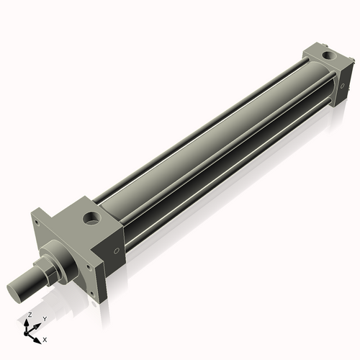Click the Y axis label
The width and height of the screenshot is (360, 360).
coord(44,319)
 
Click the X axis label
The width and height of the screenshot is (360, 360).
coord(45,338)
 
